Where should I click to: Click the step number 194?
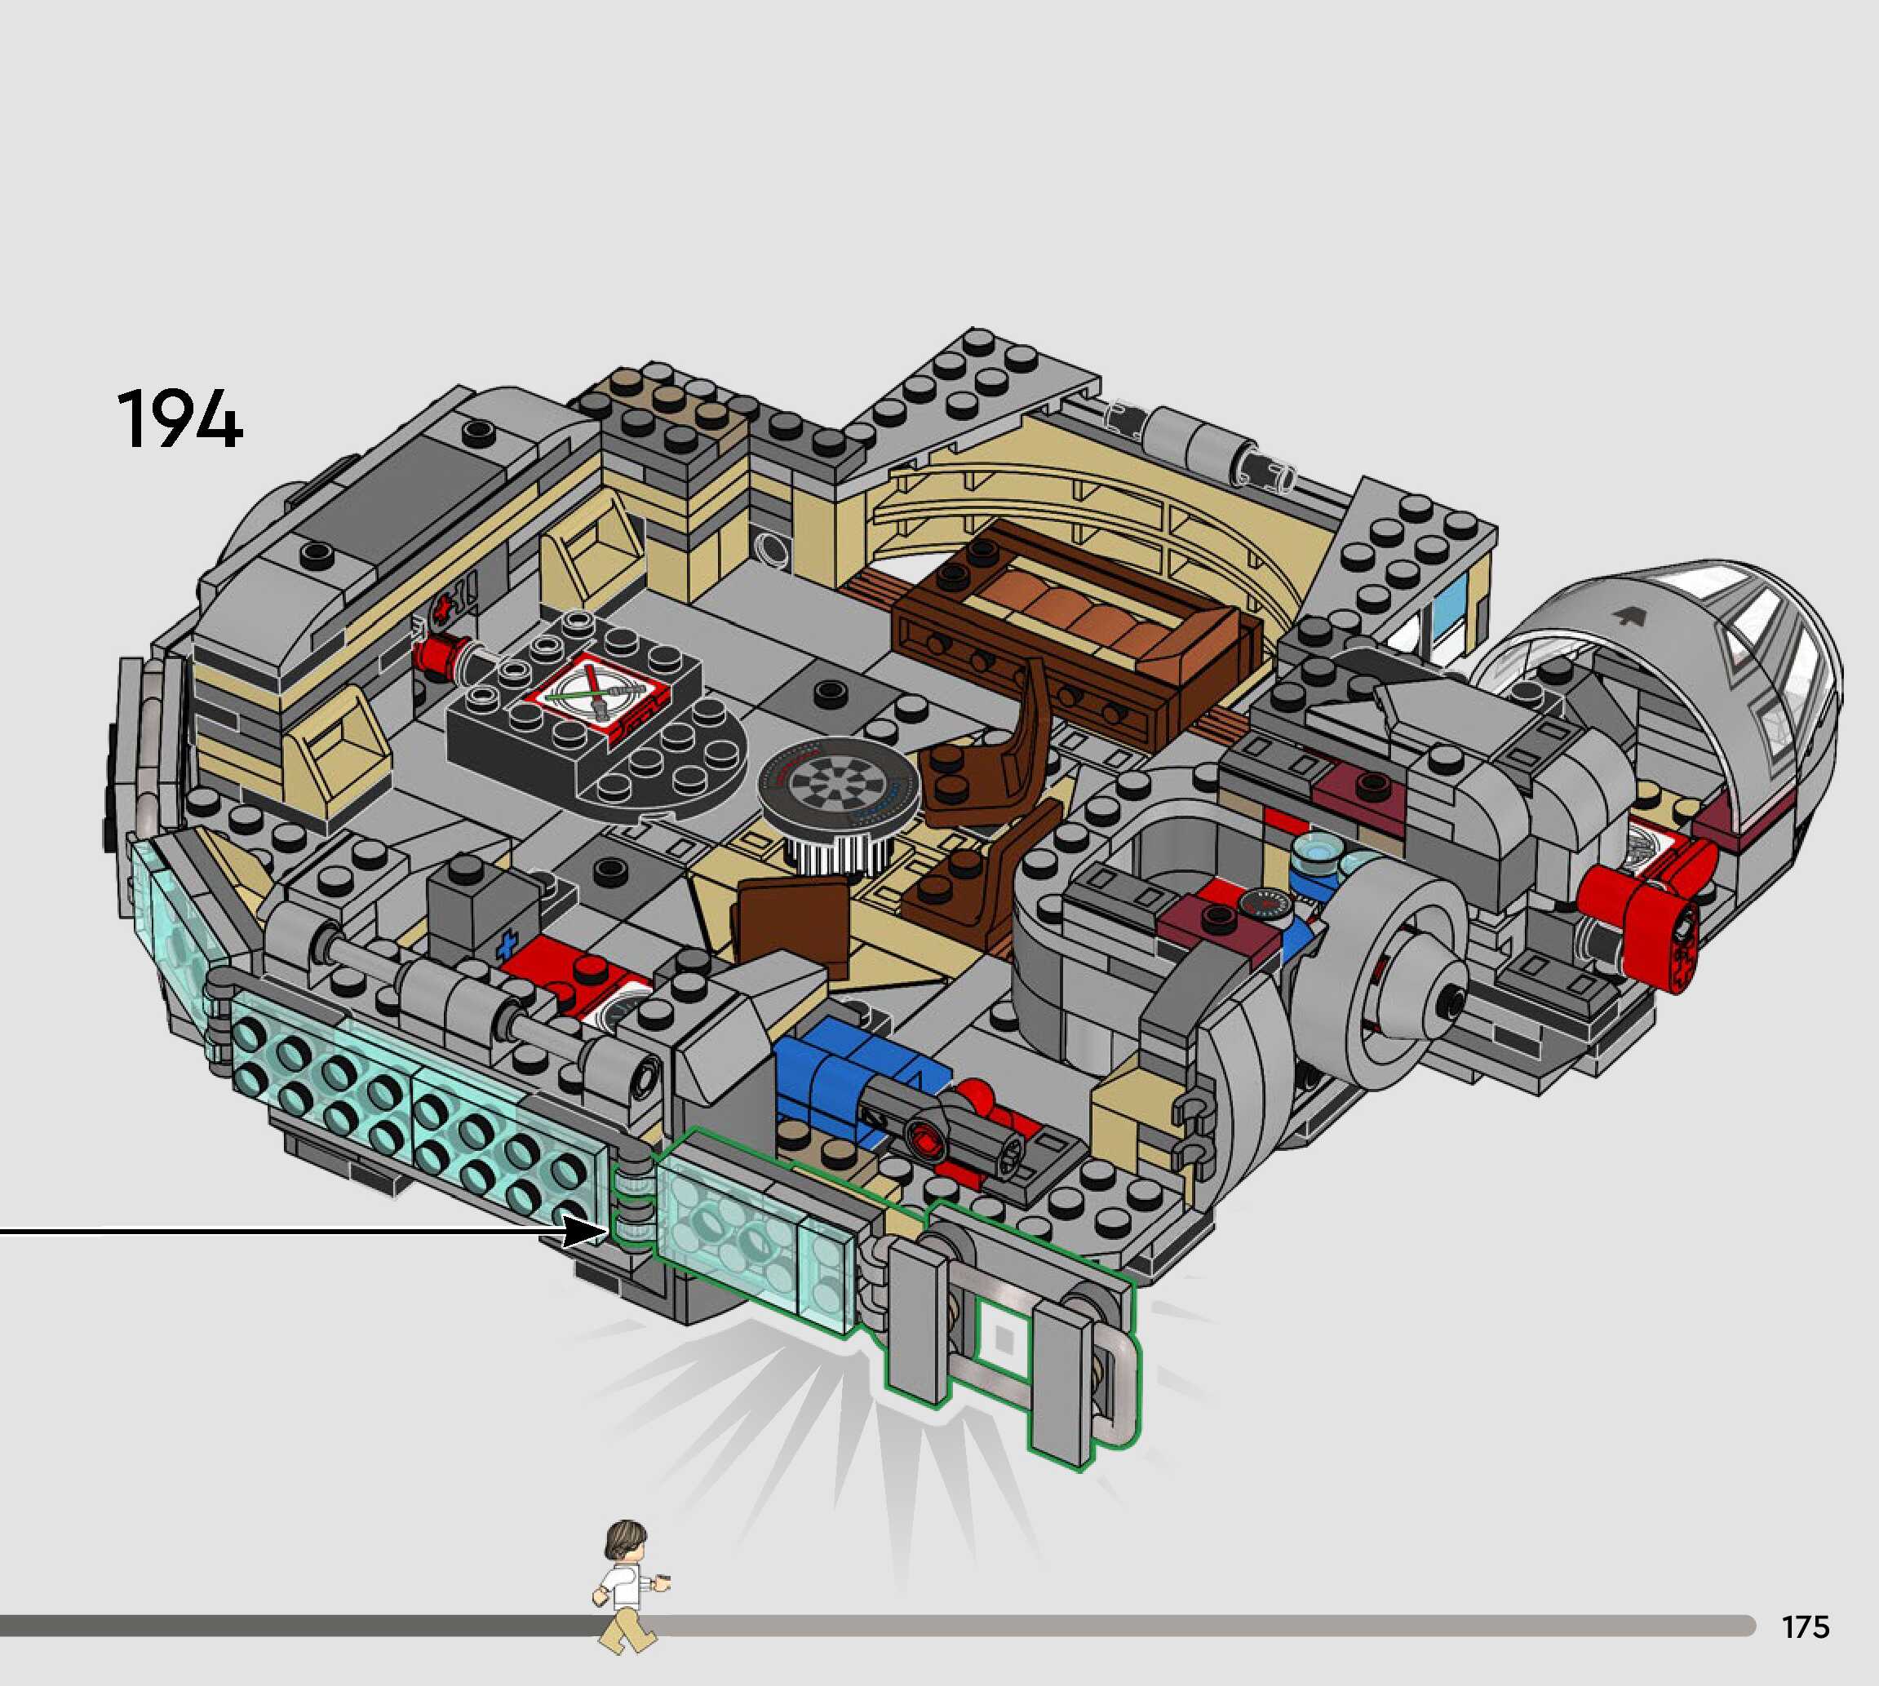point(179,418)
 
